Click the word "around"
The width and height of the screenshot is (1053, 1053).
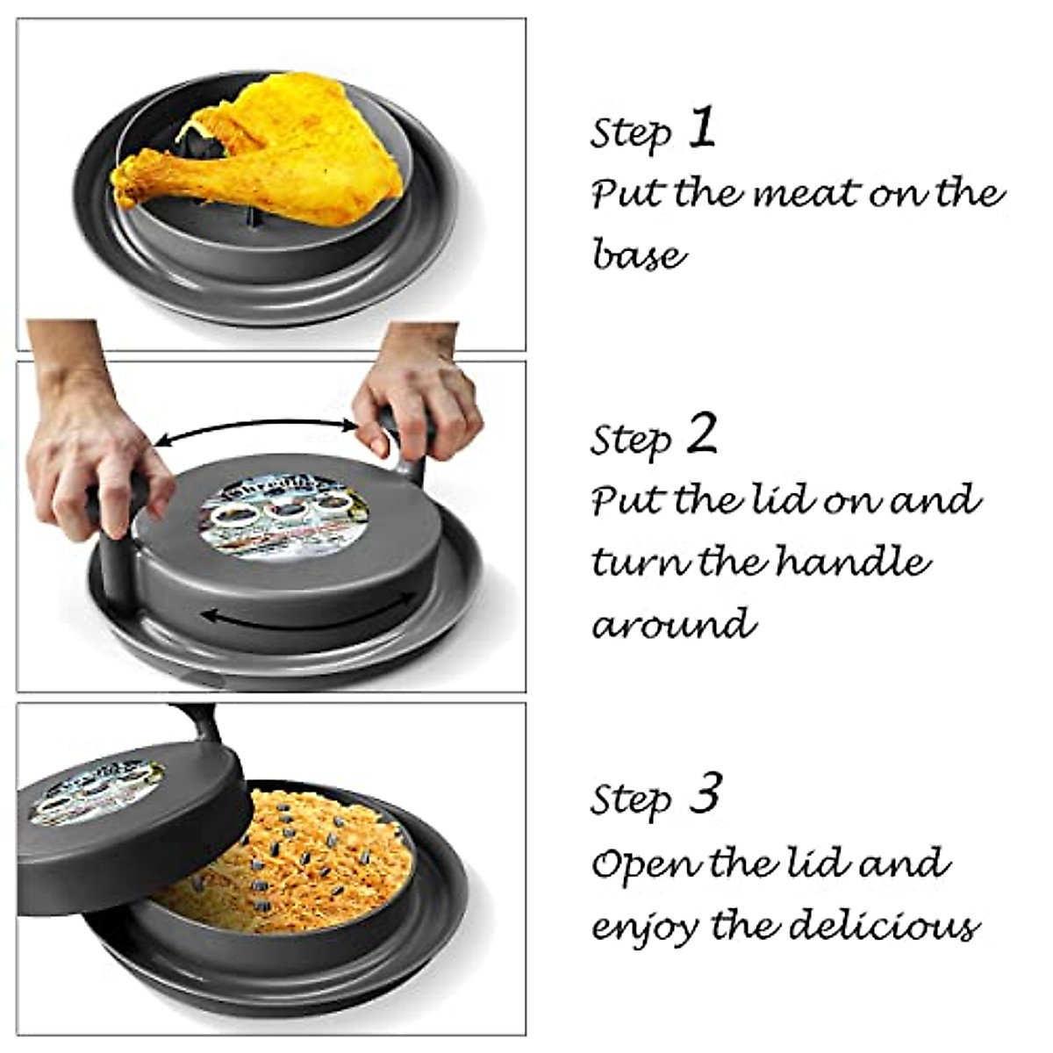(673, 624)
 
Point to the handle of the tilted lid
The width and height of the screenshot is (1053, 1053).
(197, 723)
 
